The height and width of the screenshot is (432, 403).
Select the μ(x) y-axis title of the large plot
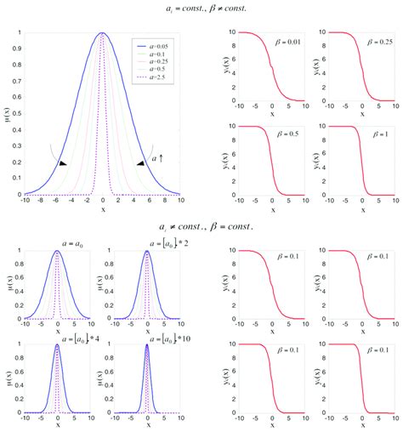click(x=6, y=114)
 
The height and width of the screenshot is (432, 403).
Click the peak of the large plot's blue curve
click(x=103, y=33)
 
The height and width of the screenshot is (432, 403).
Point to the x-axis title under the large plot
click(x=103, y=210)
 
